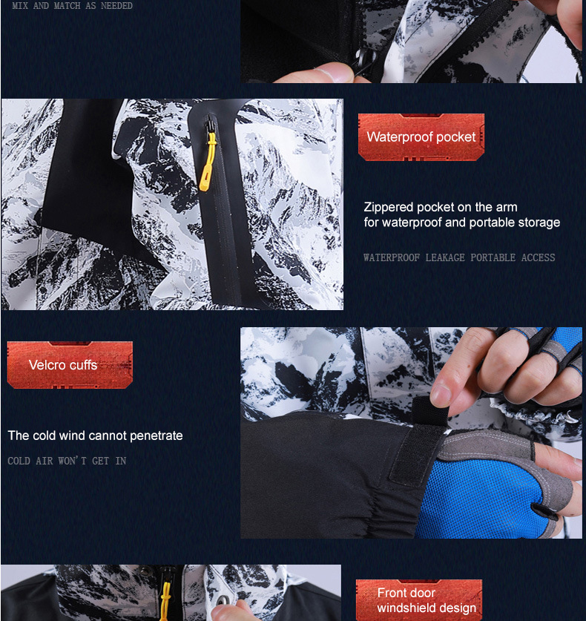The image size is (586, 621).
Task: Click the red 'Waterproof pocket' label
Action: tap(421, 137)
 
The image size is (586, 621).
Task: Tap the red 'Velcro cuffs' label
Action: tap(70, 365)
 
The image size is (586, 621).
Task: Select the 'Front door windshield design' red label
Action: tap(419, 600)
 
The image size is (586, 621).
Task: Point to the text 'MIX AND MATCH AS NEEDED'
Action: tap(73, 6)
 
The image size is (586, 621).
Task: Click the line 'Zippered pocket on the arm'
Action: tap(441, 207)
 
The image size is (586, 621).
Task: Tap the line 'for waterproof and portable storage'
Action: tap(461, 223)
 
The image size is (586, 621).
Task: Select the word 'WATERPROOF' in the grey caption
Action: tap(392, 258)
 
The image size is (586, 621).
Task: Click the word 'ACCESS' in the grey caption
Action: tap(538, 258)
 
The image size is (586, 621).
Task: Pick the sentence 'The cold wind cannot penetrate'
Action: tap(95, 436)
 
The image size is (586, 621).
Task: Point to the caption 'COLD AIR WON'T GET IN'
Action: tap(67, 461)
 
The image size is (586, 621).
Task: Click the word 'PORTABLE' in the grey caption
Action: tap(493, 258)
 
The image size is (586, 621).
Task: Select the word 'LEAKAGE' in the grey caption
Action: tap(445, 258)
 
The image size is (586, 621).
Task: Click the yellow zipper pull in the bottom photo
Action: tap(165, 601)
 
